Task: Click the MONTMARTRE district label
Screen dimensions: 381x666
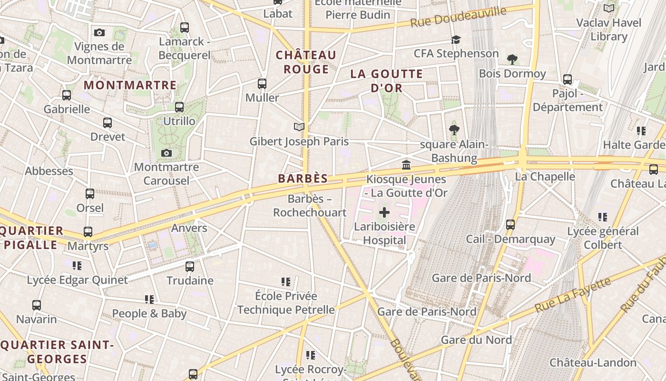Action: click(130, 85)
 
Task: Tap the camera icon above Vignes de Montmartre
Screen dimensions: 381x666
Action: click(99, 32)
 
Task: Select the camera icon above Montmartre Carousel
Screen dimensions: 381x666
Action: click(166, 153)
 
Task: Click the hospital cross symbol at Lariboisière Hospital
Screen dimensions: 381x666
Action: click(384, 212)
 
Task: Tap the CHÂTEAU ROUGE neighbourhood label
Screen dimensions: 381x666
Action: click(306, 62)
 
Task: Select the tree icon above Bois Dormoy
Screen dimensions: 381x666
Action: click(512, 60)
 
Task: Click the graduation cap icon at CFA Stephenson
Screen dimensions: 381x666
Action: click(456, 40)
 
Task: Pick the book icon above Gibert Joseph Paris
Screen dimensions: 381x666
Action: click(299, 127)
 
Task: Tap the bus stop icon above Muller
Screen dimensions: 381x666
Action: click(262, 84)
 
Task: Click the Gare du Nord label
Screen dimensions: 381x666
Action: click(476, 340)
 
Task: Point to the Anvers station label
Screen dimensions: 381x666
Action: click(189, 228)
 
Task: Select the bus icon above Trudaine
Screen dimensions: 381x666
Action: click(190, 266)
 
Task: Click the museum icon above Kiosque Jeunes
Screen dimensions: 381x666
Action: click(406, 165)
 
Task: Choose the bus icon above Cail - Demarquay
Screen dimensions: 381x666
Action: click(510, 224)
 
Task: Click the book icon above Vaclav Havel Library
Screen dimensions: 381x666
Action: click(608, 8)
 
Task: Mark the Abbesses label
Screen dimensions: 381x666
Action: click(49, 171)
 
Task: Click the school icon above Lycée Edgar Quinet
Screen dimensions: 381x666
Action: click(77, 265)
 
